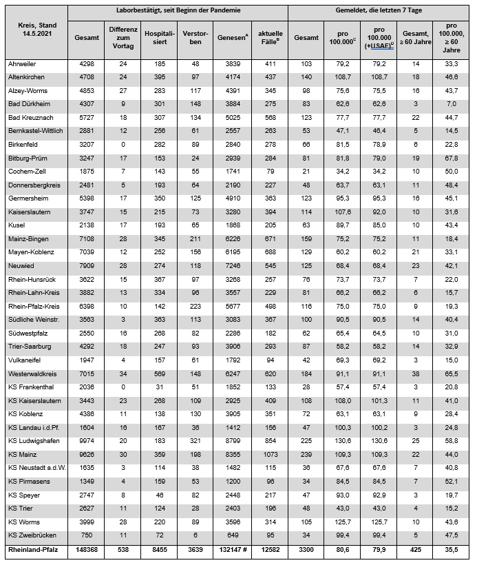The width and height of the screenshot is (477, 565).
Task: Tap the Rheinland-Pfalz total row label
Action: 34,550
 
